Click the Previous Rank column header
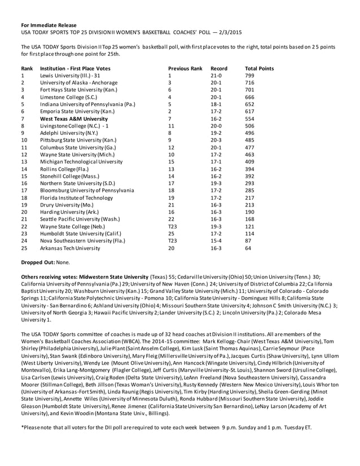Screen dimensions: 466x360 pos(185,68)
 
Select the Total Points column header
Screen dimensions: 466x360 pos(259,68)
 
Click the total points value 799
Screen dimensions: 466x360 pos(250,75)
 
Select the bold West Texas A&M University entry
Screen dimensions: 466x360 pos(73,119)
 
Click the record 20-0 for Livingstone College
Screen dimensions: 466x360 pos(216,126)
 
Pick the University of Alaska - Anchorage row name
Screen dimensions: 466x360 pos(80,82)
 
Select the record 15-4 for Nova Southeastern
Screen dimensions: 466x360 pos(216,240)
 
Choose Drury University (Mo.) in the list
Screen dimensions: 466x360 pos(66,206)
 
